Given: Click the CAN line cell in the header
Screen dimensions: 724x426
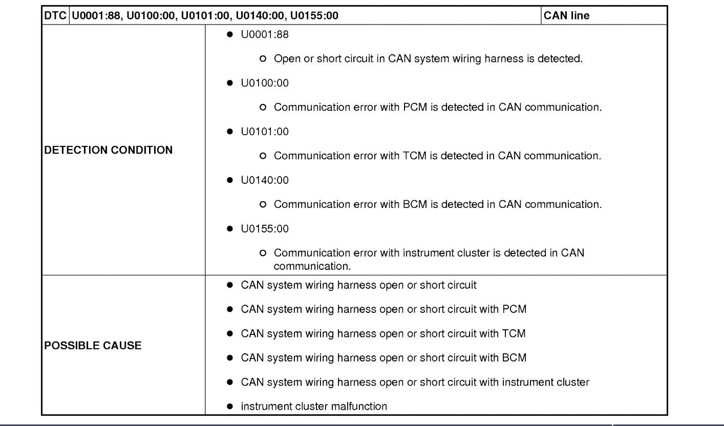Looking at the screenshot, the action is click(x=566, y=16).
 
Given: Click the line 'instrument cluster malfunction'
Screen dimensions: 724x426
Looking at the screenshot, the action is click(x=314, y=407).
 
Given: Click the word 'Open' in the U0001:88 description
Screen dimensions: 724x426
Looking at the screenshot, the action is click(x=285, y=60).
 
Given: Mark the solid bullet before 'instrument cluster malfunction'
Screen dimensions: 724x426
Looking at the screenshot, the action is click(x=231, y=407).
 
